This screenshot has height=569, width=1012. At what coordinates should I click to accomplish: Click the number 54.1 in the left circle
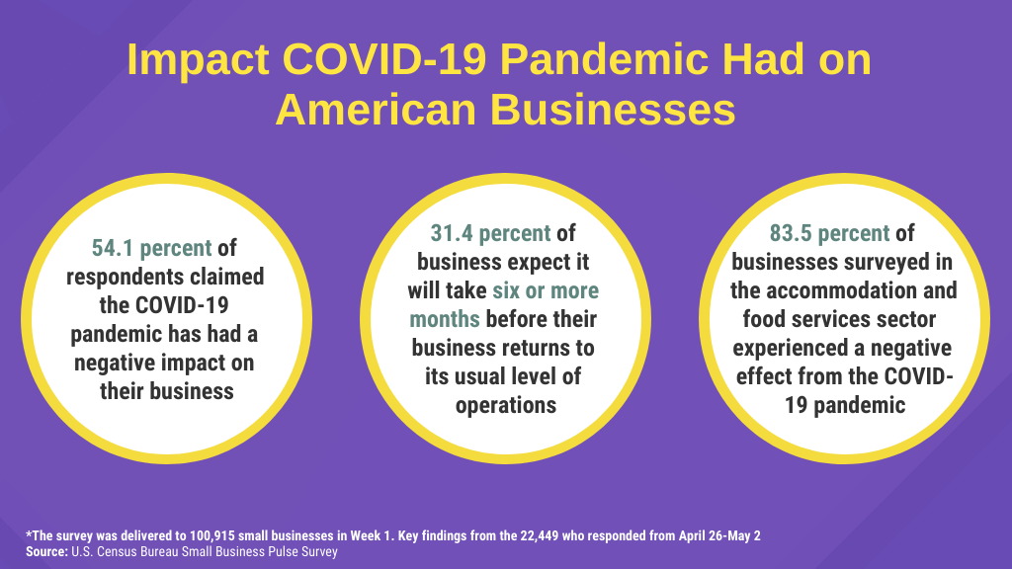pos(113,248)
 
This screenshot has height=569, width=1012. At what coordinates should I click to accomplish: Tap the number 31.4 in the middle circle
pos(452,233)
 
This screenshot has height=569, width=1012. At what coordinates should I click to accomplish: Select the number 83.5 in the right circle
pos(791,233)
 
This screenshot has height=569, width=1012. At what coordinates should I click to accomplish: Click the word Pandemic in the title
pos(605,59)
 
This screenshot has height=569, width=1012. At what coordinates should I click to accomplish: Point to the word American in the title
pos(377,110)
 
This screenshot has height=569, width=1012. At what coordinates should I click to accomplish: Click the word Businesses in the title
pos(613,110)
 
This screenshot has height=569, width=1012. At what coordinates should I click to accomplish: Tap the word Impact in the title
pos(198,60)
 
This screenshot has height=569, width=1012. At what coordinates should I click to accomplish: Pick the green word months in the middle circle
pos(445,319)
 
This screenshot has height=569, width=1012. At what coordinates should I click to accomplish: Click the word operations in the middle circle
pos(506,405)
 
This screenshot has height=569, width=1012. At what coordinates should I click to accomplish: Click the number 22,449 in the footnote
pos(540,535)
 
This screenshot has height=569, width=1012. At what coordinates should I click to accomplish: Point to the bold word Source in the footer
pos(46,551)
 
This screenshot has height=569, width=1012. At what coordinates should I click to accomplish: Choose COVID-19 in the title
pos(384,59)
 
